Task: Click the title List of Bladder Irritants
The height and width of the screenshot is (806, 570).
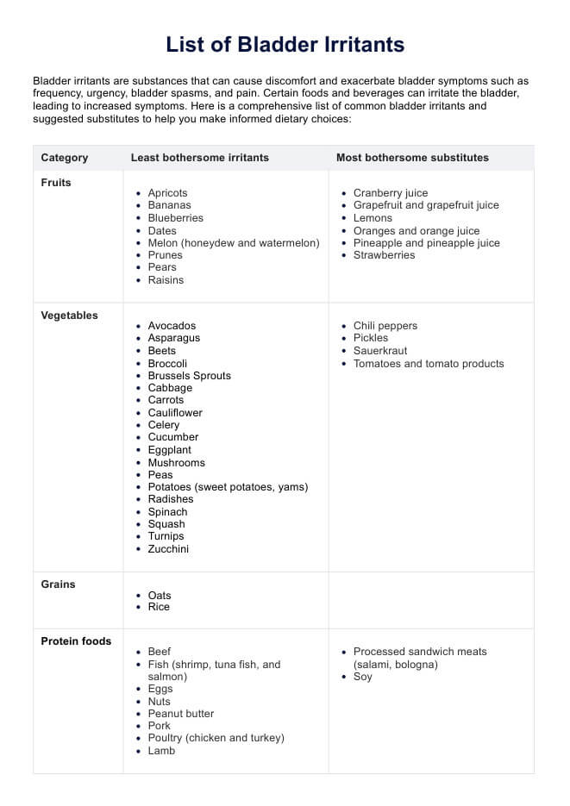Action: (x=285, y=45)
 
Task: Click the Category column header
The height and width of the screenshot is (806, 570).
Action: (x=65, y=158)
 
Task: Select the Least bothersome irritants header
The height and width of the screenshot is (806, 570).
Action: (x=199, y=158)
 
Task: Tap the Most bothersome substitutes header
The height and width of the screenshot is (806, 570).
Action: (x=412, y=158)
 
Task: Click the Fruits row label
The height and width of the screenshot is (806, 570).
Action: (x=56, y=183)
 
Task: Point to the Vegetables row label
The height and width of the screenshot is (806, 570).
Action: (x=69, y=316)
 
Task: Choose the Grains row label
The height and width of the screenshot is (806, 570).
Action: (x=58, y=584)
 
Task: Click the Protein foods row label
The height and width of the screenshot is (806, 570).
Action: (x=76, y=641)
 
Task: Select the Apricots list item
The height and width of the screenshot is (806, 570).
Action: (x=167, y=193)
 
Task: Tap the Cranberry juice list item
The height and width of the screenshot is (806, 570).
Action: (x=390, y=193)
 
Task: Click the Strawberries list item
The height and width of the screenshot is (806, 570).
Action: (x=384, y=255)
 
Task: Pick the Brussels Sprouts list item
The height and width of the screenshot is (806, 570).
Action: (x=189, y=376)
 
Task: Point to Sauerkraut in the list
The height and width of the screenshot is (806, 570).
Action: (x=380, y=351)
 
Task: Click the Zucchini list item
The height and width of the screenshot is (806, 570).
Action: (x=168, y=549)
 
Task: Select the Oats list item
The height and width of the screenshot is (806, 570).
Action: (x=160, y=596)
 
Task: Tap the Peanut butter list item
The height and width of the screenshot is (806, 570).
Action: (x=180, y=714)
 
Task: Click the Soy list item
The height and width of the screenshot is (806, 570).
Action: (x=363, y=677)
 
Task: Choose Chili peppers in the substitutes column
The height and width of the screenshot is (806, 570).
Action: (x=385, y=326)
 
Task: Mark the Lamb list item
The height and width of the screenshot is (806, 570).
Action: (x=161, y=751)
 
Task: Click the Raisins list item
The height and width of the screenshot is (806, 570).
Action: (x=166, y=280)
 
